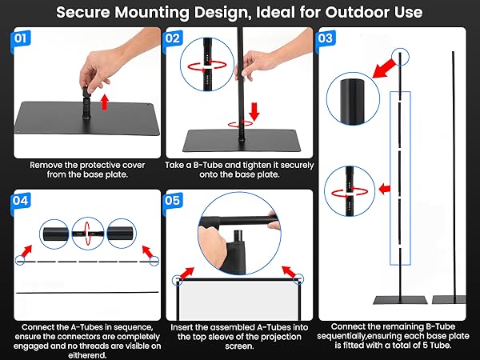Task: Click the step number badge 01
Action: (x=24, y=38)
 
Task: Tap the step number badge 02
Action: (x=174, y=38)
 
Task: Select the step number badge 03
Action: (x=326, y=38)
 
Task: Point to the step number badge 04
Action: (x=24, y=201)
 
